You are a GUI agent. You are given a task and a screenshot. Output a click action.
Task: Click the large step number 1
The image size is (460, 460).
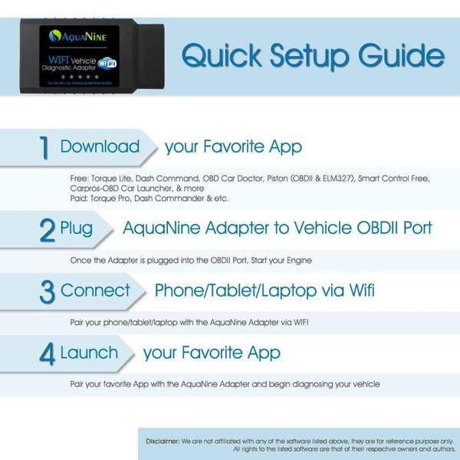(x=46, y=148)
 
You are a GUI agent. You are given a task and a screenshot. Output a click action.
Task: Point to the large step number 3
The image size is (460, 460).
(x=48, y=292)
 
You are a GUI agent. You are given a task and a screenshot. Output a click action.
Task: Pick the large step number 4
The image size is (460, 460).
(x=48, y=354)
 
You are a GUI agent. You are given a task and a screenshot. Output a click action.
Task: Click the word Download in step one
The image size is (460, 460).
(x=100, y=146)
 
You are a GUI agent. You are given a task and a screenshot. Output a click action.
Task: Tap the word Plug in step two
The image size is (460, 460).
(x=77, y=228)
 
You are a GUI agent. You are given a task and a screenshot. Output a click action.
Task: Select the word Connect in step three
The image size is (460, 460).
(x=95, y=291)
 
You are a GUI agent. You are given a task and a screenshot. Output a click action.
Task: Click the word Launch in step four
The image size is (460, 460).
(x=89, y=353)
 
